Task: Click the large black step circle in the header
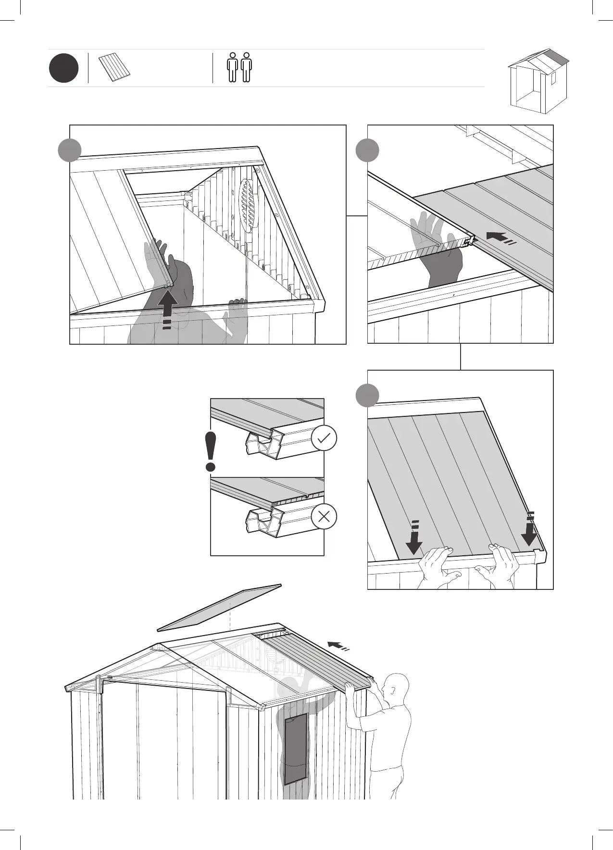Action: pos(63,68)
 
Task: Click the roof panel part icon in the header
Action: pos(115,68)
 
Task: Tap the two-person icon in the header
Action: pos(239,67)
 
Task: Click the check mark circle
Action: pos(324,438)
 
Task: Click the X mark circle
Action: pos(324,517)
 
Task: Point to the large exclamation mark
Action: pos(210,451)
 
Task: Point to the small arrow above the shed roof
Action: pos(338,645)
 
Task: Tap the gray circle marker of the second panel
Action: pos(367,150)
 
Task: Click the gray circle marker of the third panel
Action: pos(367,395)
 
